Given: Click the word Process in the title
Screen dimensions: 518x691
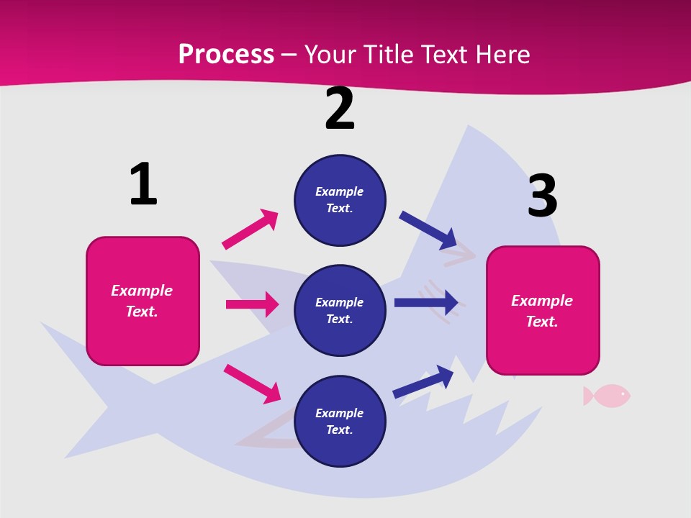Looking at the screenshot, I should click(226, 55).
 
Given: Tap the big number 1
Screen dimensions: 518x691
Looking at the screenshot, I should click(143, 184).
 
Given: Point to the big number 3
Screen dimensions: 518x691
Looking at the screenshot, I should click(542, 196).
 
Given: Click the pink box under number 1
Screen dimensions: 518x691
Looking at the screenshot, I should click(143, 301).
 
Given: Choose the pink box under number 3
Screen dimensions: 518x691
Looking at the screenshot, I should click(543, 310).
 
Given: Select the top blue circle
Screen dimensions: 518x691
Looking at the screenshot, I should click(340, 200).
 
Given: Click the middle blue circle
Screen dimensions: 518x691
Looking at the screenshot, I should click(340, 310).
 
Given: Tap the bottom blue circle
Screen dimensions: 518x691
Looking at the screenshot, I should click(340, 421).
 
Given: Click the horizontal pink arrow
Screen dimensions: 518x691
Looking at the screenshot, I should click(252, 304).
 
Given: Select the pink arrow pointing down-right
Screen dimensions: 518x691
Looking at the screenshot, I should click(252, 384).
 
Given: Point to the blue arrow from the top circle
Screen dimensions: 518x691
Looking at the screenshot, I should click(428, 230).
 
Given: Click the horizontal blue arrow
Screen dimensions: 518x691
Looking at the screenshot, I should click(426, 302).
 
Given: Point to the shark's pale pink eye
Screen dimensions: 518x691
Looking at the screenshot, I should click(461, 255).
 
